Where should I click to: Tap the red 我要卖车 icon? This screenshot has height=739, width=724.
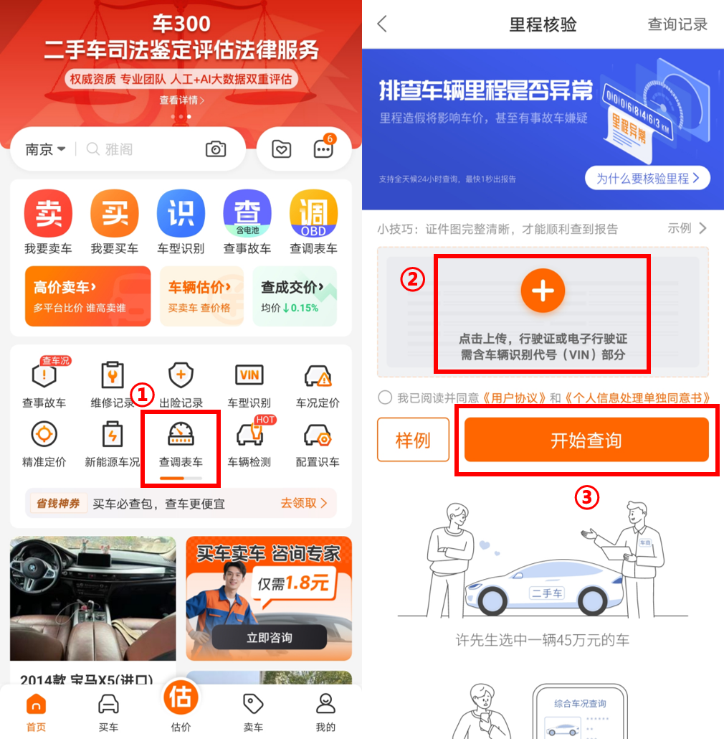(48, 213)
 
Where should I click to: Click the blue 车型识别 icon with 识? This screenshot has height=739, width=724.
(181, 213)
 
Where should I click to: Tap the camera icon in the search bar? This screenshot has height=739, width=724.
(216, 149)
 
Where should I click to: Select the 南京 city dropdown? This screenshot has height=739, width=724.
(45, 149)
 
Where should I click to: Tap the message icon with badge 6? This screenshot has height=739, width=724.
(324, 148)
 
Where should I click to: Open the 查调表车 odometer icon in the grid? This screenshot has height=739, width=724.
(181, 434)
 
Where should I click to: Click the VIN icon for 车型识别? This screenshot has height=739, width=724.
(249, 375)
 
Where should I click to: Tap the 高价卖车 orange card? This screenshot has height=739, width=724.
(88, 296)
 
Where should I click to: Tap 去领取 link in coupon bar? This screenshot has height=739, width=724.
(304, 504)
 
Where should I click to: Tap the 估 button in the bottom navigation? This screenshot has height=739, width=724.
(181, 697)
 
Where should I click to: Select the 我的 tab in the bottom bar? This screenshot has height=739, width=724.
(325, 712)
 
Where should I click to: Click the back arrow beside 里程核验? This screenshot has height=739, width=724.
(382, 24)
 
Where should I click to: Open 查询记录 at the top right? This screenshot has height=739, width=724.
(677, 24)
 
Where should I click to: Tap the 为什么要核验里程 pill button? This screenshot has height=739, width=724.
(647, 178)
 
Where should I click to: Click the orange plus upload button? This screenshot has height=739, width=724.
(543, 291)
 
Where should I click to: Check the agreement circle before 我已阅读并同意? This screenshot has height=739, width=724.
(385, 397)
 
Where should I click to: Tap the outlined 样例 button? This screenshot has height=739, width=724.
(413, 440)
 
